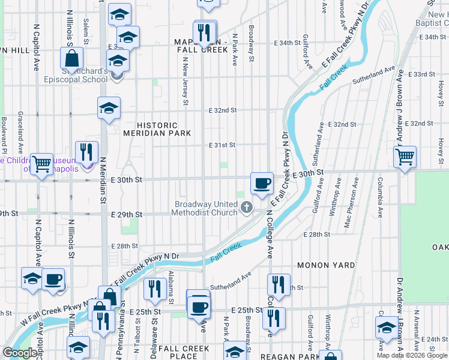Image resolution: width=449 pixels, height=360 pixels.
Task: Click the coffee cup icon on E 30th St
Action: click(261, 183)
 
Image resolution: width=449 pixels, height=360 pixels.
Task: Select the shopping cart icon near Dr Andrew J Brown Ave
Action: click(405, 157)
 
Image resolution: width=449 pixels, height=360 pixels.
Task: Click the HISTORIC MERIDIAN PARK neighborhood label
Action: click(157, 128)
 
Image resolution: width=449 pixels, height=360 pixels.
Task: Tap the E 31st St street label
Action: click(221, 145)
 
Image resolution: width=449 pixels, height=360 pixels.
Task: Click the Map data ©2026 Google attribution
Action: click(411, 355)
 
